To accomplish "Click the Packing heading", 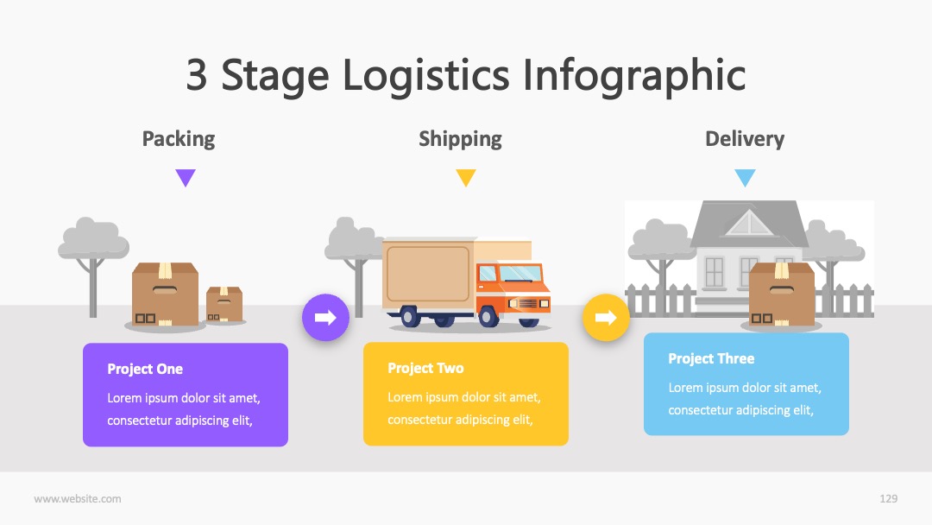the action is coord(179,139).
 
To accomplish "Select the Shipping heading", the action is coord(460,139).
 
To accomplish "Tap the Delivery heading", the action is coord(745,138).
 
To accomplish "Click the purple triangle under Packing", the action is coord(186,177).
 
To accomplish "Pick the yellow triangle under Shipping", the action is coord(466,177).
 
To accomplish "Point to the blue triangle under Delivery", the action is coord(745,177).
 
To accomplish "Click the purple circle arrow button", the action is coord(325,318).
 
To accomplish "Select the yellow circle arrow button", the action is coord(606,318).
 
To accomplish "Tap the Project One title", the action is coord(145,370).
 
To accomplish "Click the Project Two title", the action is coord(425,368).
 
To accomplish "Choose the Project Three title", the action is coord(711,358).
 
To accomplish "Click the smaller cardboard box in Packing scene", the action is coord(224,305).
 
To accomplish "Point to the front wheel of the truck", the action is coord(488,316).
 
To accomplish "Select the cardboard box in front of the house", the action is coord(782,294).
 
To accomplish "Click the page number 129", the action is coord(889,499).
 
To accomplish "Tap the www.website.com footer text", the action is coord(78,499).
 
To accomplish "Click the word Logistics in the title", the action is coord(426,75).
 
